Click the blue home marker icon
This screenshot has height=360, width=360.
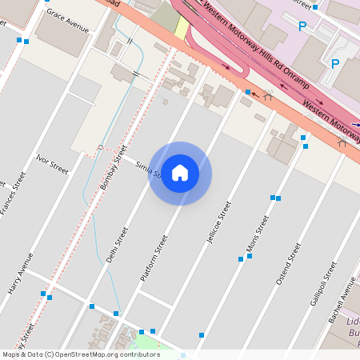click(x=180, y=173)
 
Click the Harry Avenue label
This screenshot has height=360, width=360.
click(x=22, y=274)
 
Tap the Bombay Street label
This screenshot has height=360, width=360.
click(x=113, y=166)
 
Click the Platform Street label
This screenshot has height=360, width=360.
click(x=154, y=257)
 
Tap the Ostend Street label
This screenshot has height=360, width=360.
click(x=287, y=263)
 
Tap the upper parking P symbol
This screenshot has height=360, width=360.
click(x=302, y=26)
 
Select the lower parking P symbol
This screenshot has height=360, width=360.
click(x=335, y=63)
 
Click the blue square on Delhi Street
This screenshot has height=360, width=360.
click(x=116, y=313)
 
